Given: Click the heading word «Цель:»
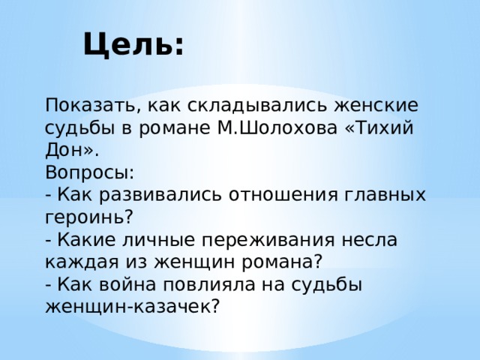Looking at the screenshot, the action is [x=133, y=45].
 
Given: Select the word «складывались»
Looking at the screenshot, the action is [x=255, y=106].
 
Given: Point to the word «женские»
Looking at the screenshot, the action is [x=376, y=105].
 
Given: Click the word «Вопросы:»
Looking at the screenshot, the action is [x=90, y=173].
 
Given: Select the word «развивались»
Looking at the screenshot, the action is [x=160, y=195].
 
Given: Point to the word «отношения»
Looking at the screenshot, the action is [x=283, y=195].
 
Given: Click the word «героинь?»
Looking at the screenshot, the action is [x=89, y=217].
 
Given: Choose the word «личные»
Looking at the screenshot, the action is [x=159, y=240].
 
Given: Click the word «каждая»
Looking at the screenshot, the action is [x=82, y=262].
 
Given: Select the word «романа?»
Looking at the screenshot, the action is [x=283, y=262].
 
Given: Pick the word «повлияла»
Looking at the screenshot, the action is [x=209, y=285].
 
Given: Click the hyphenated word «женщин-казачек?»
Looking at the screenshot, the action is [x=133, y=307].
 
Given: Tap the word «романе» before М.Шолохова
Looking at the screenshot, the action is [x=175, y=128].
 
